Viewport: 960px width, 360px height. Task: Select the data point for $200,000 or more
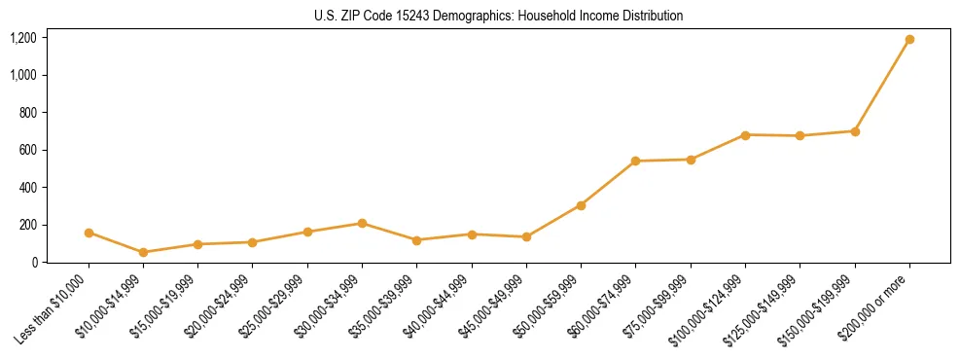[909, 40]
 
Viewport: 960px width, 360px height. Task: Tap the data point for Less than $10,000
[89, 233]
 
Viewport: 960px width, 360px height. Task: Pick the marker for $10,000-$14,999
[144, 252]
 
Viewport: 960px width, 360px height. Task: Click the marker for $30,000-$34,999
[362, 224]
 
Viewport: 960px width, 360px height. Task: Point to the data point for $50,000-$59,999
[581, 205]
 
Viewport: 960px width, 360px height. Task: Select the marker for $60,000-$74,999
[635, 161]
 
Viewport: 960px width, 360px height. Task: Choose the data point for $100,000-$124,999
[745, 135]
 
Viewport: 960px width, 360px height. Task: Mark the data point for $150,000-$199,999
[855, 131]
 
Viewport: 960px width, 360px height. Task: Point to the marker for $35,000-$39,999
[416, 240]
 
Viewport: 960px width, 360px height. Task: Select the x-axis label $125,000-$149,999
[765, 308]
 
